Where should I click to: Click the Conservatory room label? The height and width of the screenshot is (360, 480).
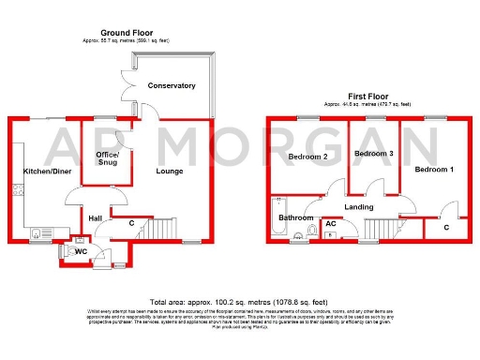click(x=172, y=85)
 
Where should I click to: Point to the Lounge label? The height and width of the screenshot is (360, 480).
click(x=170, y=171)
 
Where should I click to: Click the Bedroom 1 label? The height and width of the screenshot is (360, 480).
click(x=434, y=170)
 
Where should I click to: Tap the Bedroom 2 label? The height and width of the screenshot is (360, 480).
click(x=307, y=157)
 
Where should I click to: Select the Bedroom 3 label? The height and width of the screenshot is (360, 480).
click(x=372, y=153)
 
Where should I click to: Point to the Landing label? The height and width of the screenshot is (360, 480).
click(x=359, y=207)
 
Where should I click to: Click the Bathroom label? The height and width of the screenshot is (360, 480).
click(x=296, y=217)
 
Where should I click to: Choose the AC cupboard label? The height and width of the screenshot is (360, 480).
click(x=330, y=224)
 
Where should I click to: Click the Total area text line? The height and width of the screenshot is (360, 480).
click(x=239, y=303)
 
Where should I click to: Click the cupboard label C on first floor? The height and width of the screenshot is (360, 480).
click(x=445, y=227)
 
